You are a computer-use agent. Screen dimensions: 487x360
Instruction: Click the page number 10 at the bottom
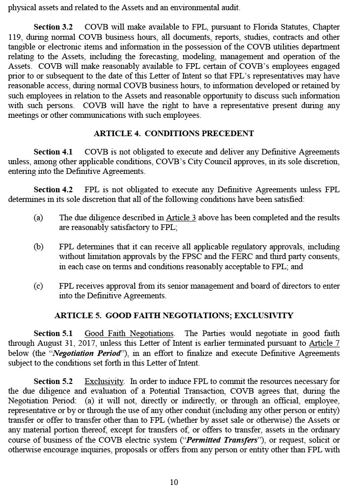tap(174, 482)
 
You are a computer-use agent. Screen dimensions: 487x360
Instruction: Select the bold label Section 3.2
tap(53, 27)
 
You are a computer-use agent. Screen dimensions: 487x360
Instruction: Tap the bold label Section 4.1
tap(53, 152)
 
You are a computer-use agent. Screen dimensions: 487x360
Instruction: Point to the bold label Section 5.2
tap(53, 381)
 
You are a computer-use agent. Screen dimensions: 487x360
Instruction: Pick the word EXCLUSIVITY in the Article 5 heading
tap(264, 316)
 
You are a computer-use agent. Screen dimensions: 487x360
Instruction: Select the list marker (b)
tap(38, 247)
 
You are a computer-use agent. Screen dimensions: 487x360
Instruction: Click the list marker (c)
tap(38, 286)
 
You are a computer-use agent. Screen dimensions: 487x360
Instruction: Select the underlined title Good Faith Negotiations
tap(129, 334)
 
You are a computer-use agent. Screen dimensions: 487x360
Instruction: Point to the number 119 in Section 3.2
tap(15, 37)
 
